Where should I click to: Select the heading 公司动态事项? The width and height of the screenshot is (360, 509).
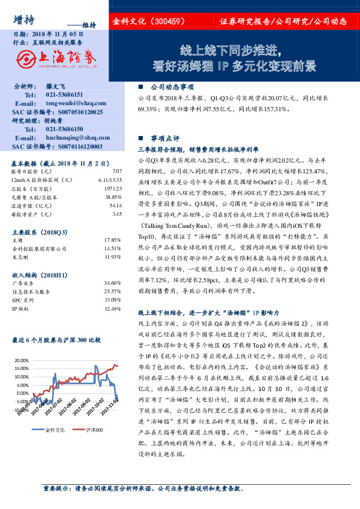pos(172,87)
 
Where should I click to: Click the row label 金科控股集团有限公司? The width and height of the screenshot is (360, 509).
pos(38,248)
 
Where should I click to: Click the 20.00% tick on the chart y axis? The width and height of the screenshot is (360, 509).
pos(20,359)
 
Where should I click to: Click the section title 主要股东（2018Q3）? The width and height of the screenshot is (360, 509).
pos(40,232)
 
